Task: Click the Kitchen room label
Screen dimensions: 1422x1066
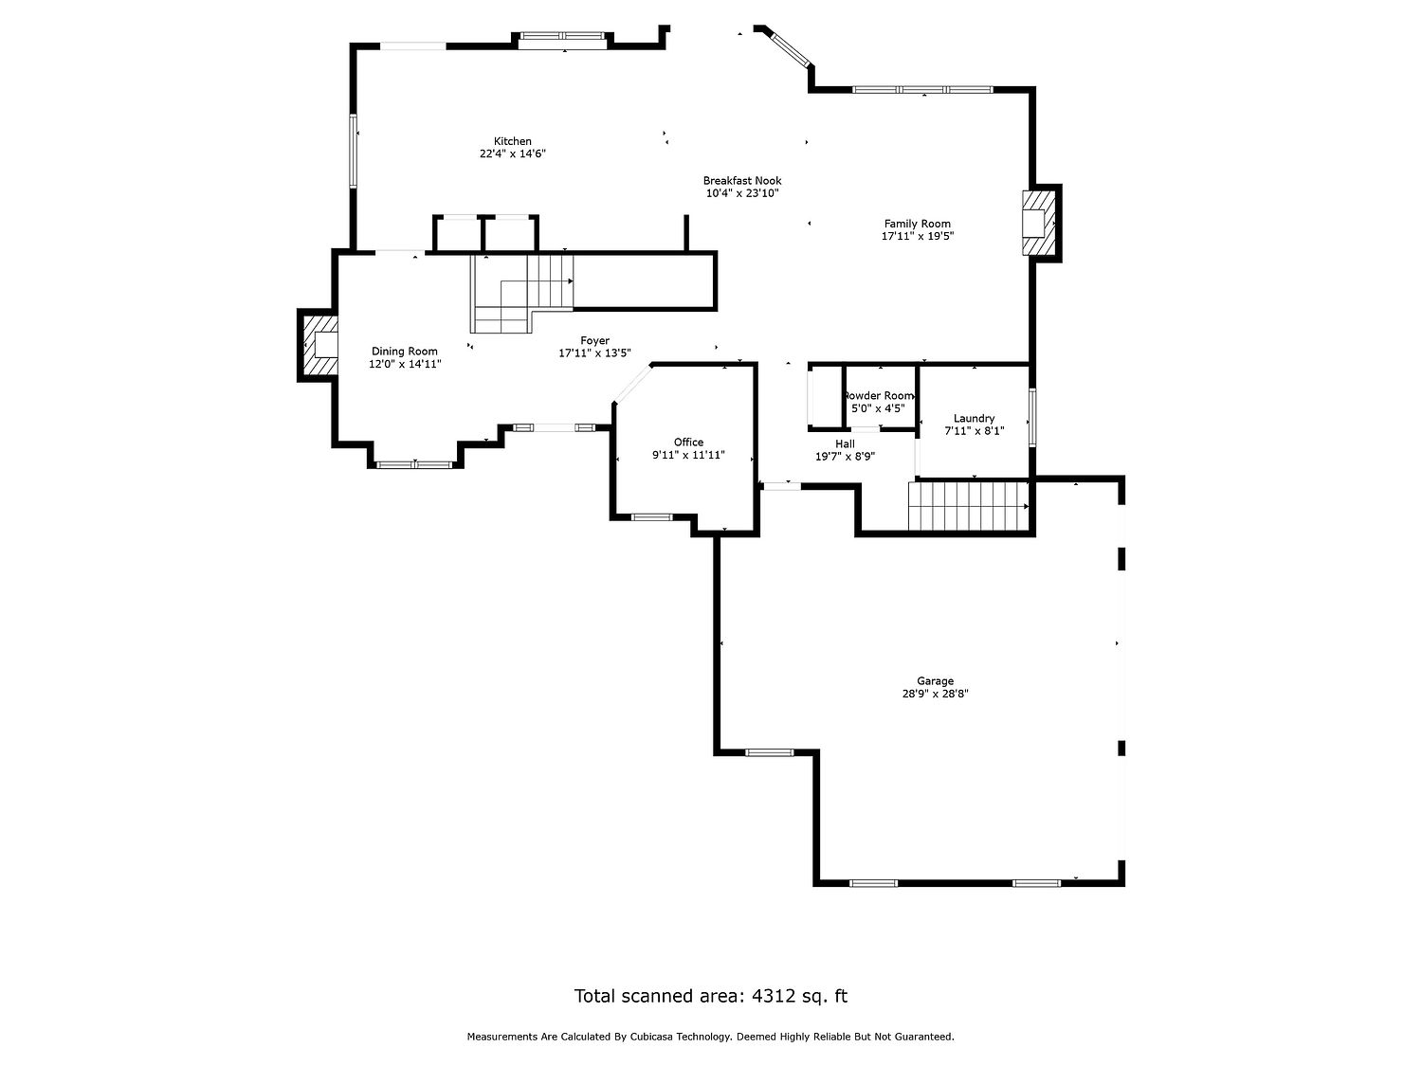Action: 513,141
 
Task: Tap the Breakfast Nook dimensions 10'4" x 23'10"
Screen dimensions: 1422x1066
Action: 741,193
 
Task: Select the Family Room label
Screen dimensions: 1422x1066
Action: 918,224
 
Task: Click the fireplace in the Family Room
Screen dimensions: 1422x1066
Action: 1038,223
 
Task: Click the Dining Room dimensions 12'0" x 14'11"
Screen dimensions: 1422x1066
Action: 405,364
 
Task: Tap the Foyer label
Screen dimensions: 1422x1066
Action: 594,340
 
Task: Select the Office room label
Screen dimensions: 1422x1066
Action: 688,443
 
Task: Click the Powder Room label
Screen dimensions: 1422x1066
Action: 879,395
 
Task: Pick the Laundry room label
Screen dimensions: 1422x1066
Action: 974,419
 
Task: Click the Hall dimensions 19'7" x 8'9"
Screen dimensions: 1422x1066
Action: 845,457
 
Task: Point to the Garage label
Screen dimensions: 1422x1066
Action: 935,681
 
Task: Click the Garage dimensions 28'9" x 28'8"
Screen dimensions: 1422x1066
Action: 935,694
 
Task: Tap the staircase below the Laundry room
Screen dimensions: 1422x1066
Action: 969,506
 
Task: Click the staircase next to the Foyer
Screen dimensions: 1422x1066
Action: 522,293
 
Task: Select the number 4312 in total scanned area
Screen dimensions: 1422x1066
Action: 773,996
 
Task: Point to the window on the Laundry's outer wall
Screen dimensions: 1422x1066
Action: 1032,417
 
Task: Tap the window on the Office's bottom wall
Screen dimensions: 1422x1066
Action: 652,517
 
